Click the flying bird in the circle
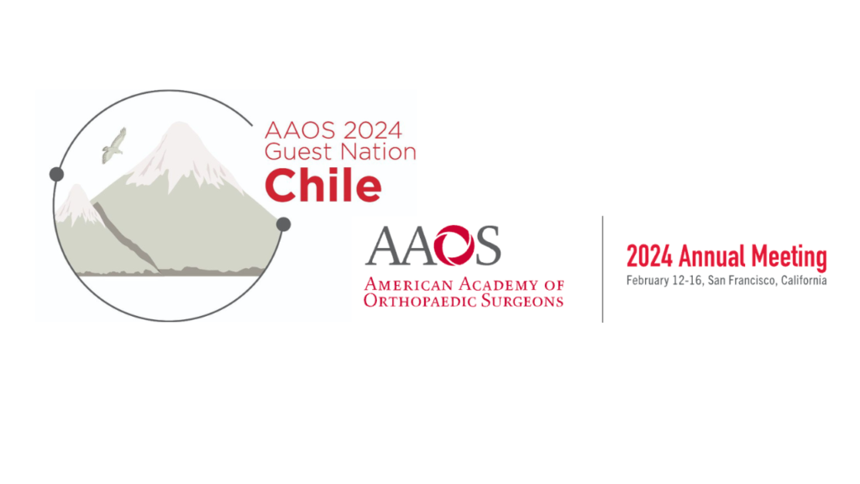[x=114, y=146]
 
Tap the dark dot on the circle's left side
[x=56, y=175]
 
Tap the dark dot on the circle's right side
[x=284, y=224]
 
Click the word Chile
[x=323, y=186]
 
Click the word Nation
[x=378, y=152]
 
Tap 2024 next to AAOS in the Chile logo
[x=373, y=130]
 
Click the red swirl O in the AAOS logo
[x=454, y=245]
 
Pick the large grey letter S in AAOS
[x=488, y=245]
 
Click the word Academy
[x=499, y=284]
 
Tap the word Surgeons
[x=522, y=300]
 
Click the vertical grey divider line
[x=603, y=269]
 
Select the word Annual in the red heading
[x=712, y=256]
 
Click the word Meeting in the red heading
[x=789, y=257]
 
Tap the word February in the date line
[x=647, y=281]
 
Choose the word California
[x=804, y=281]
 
